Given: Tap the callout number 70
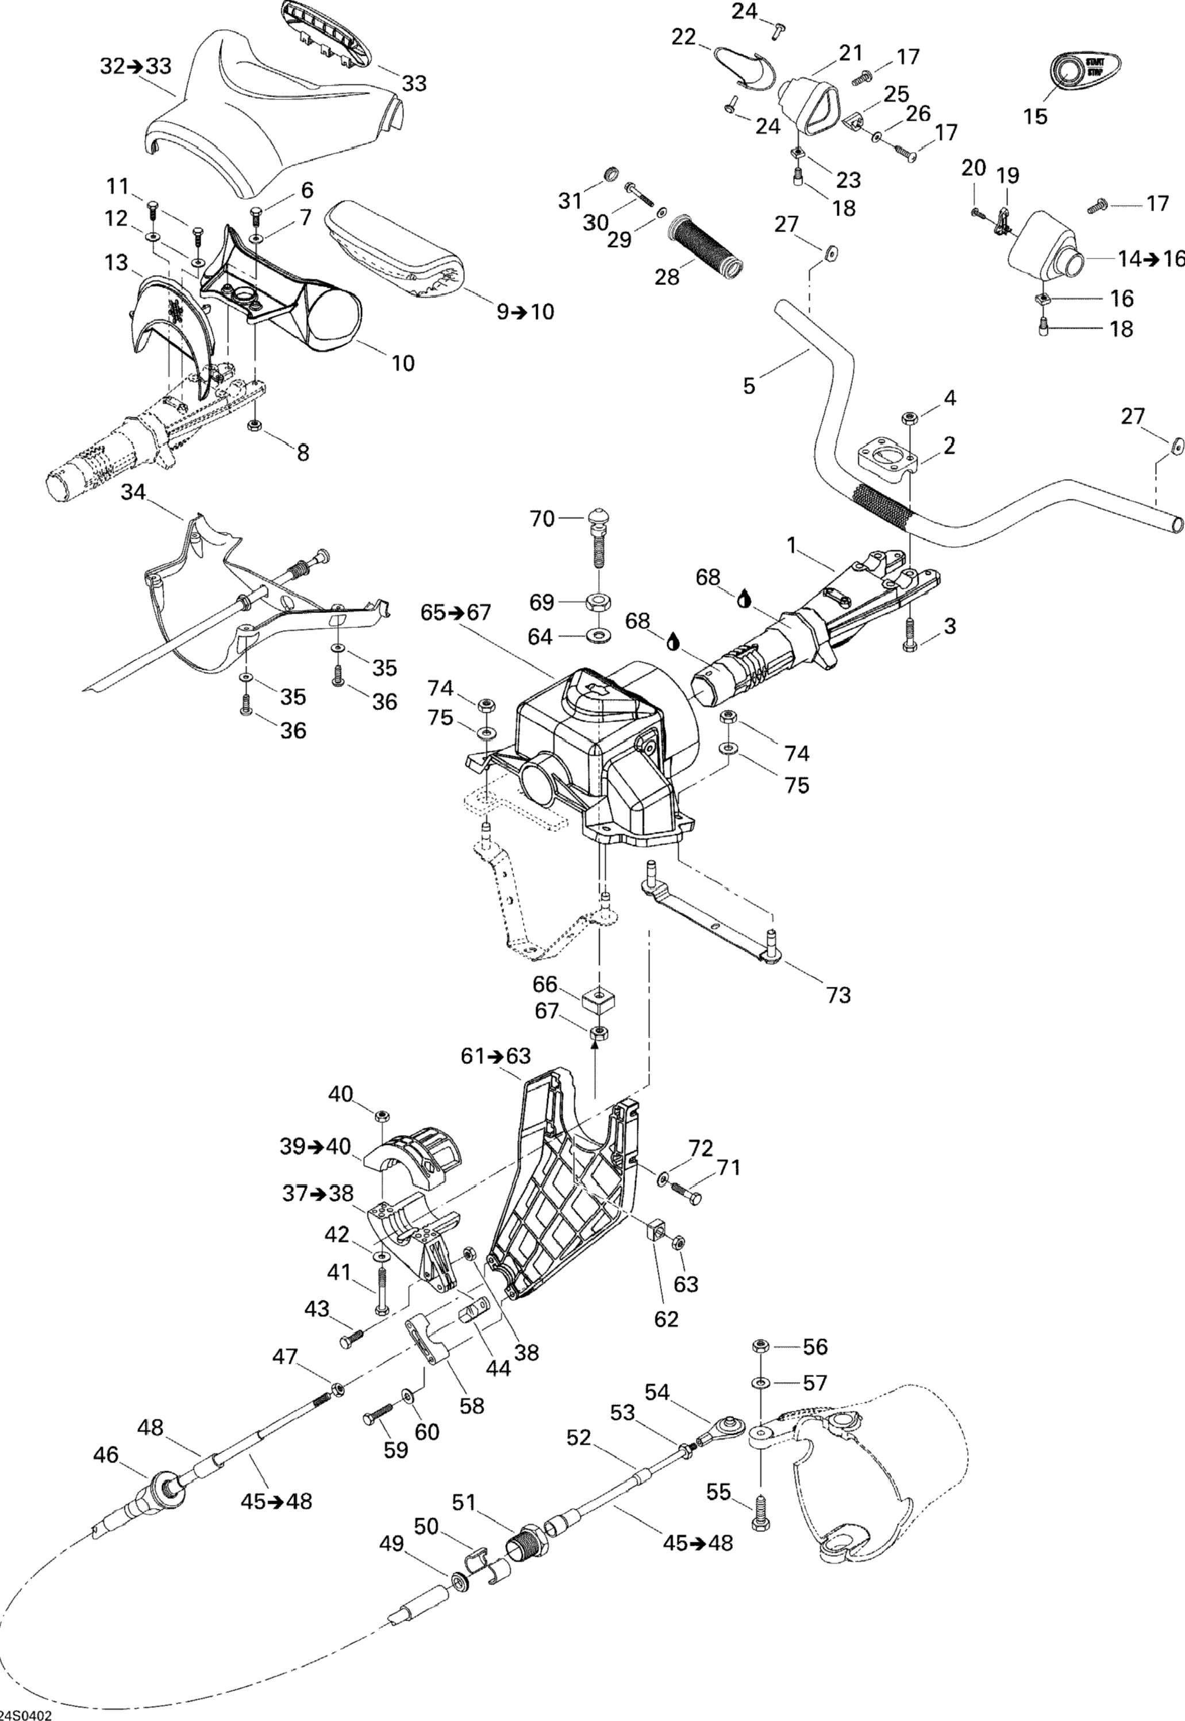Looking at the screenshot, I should [542, 519].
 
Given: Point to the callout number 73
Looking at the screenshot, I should [838, 994].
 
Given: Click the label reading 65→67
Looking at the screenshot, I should [456, 612].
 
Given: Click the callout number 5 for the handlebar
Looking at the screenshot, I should [749, 386].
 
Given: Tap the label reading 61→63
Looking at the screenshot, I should [496, 1055].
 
